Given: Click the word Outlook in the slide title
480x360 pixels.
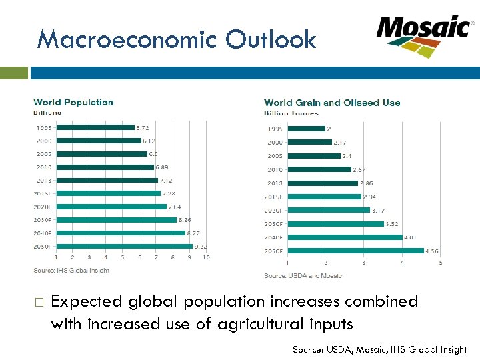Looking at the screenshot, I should click(x=271, y=40).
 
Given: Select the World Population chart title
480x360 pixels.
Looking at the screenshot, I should click(x=73, y=102).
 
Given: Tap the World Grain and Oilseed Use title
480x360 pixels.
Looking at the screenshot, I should click(x=332, y=103).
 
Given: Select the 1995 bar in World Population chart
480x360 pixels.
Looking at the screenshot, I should click(x=95, y=127).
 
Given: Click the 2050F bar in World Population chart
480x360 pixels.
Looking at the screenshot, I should click(x=124, y=246).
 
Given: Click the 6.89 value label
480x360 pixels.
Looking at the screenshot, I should click(x=163, y=167).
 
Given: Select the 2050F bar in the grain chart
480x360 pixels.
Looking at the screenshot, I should click(x=355, y=251).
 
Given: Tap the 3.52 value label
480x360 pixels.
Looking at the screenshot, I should click(x=393, y=224).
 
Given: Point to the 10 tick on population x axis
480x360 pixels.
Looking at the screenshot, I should click(x=206, y=257).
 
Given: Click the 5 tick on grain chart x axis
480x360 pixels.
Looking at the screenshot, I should click(x=440, y=263).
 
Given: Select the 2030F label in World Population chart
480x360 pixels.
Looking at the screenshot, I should click(x=43, y=219).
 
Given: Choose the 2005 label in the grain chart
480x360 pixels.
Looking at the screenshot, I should click(x=274, y=156).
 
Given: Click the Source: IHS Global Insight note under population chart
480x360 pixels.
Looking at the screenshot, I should click(x=71, y=270).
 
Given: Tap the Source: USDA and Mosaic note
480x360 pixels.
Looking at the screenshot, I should click(x=303, y=275).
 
